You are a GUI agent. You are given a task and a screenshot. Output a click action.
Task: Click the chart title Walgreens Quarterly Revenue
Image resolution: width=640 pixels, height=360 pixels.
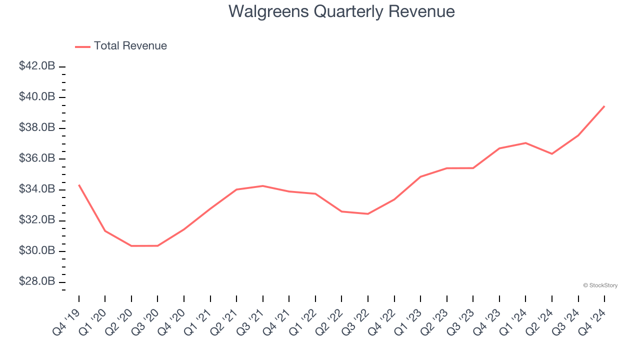pyautogui.click(x=341, y=11)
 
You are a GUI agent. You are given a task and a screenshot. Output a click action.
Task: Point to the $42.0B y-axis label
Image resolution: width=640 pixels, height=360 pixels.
pyautogui.click(x=37, y=66)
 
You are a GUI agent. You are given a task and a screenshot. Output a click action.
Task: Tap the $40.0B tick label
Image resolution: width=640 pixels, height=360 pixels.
pyautogui.click(x=37, y=97)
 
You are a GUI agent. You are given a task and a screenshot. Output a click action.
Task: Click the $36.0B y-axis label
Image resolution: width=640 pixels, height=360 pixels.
pyautogui.click(x=37, y=158)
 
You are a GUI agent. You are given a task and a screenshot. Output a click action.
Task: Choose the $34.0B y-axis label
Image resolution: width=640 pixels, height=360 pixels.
pyautogui.click(x=37, y=189)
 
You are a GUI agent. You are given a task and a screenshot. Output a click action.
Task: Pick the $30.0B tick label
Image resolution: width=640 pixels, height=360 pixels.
pyautogui.click(x=37, y=251)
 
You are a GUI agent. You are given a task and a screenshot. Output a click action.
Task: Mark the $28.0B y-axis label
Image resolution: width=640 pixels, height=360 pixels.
pyautogui.click(x=37, y=282)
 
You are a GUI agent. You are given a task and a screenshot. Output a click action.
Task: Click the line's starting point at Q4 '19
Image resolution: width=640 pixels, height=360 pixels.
pyautogui.click(x=79, y=185)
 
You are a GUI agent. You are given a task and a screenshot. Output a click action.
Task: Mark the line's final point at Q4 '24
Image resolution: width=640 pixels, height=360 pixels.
pyautogui.click(x=604, y=106)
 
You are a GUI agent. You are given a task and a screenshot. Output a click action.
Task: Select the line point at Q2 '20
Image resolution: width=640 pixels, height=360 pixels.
pyautogui.click(x=131, y=246)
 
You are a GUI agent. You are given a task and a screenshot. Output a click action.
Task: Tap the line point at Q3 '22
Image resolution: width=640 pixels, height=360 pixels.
pyautogui.click(x=368, y=214)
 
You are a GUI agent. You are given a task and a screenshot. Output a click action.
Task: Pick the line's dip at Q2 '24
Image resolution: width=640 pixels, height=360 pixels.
pyautogui.click(x=552, y=154)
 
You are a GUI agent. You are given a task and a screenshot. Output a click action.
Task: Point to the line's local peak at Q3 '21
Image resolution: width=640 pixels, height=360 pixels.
pyautogui.click(x=263, y=186)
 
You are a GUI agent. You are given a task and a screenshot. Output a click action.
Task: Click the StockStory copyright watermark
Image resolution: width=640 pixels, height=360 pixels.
pyautogui.click(x=600, y=285)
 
